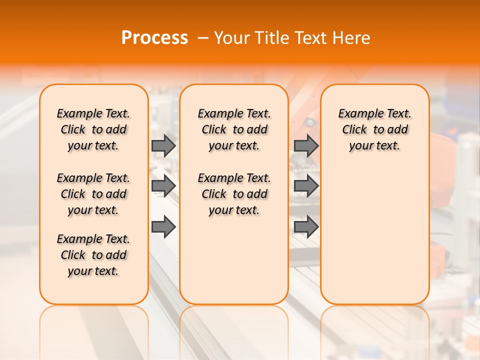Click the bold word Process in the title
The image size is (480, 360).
coord(154,37)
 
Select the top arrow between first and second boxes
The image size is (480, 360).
coord(163,145)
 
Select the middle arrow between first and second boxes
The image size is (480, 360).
coord(163,186)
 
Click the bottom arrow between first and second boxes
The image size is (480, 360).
coord(163,227)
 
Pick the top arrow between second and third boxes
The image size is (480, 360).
coord(306,145)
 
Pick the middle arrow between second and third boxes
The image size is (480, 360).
coord(306,186)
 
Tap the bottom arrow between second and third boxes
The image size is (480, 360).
coord(306,227)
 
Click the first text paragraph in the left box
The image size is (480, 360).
coord(93,129)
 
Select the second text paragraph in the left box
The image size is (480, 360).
coord(93,194)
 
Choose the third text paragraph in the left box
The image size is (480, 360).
coord(93,255)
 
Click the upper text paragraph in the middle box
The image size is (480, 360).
coord(234,129)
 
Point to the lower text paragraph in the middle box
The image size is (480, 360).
coord(234,194)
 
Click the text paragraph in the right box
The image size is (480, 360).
coord(374,129)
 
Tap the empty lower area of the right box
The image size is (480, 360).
coord(374,235)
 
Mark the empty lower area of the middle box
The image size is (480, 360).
coord(234,260)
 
